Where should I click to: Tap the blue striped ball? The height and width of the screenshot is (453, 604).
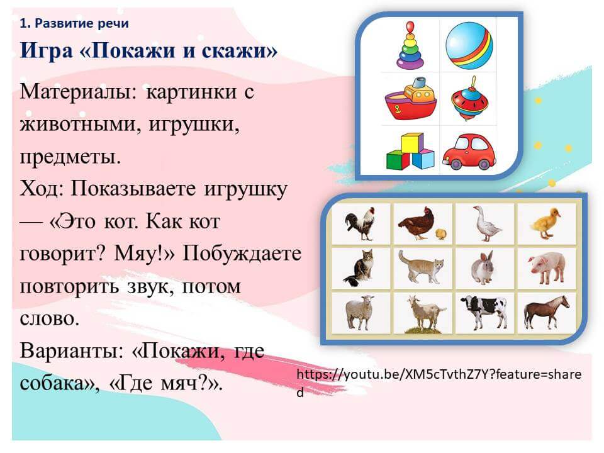tap(469, 45)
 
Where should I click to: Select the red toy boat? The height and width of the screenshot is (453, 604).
tap(411, 99)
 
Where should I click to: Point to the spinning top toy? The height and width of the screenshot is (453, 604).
tap(469, 99)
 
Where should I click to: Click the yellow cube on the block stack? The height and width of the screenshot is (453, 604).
tap(412, 143)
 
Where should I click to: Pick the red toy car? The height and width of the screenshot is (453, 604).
tap(469, 152)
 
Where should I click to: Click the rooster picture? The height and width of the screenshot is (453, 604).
tap(360, 223)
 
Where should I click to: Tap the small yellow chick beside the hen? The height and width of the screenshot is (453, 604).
tap(441, 233)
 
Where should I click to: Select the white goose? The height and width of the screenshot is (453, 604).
tap(486, 223)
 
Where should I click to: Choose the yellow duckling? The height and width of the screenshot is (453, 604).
tap(545, 223)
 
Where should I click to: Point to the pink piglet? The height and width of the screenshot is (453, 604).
tap(547, 268)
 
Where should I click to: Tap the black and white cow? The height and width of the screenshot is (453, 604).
tap(484, 311)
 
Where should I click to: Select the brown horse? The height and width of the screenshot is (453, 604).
tap(546, 313)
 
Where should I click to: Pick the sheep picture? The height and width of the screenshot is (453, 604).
tap(360, 312)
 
